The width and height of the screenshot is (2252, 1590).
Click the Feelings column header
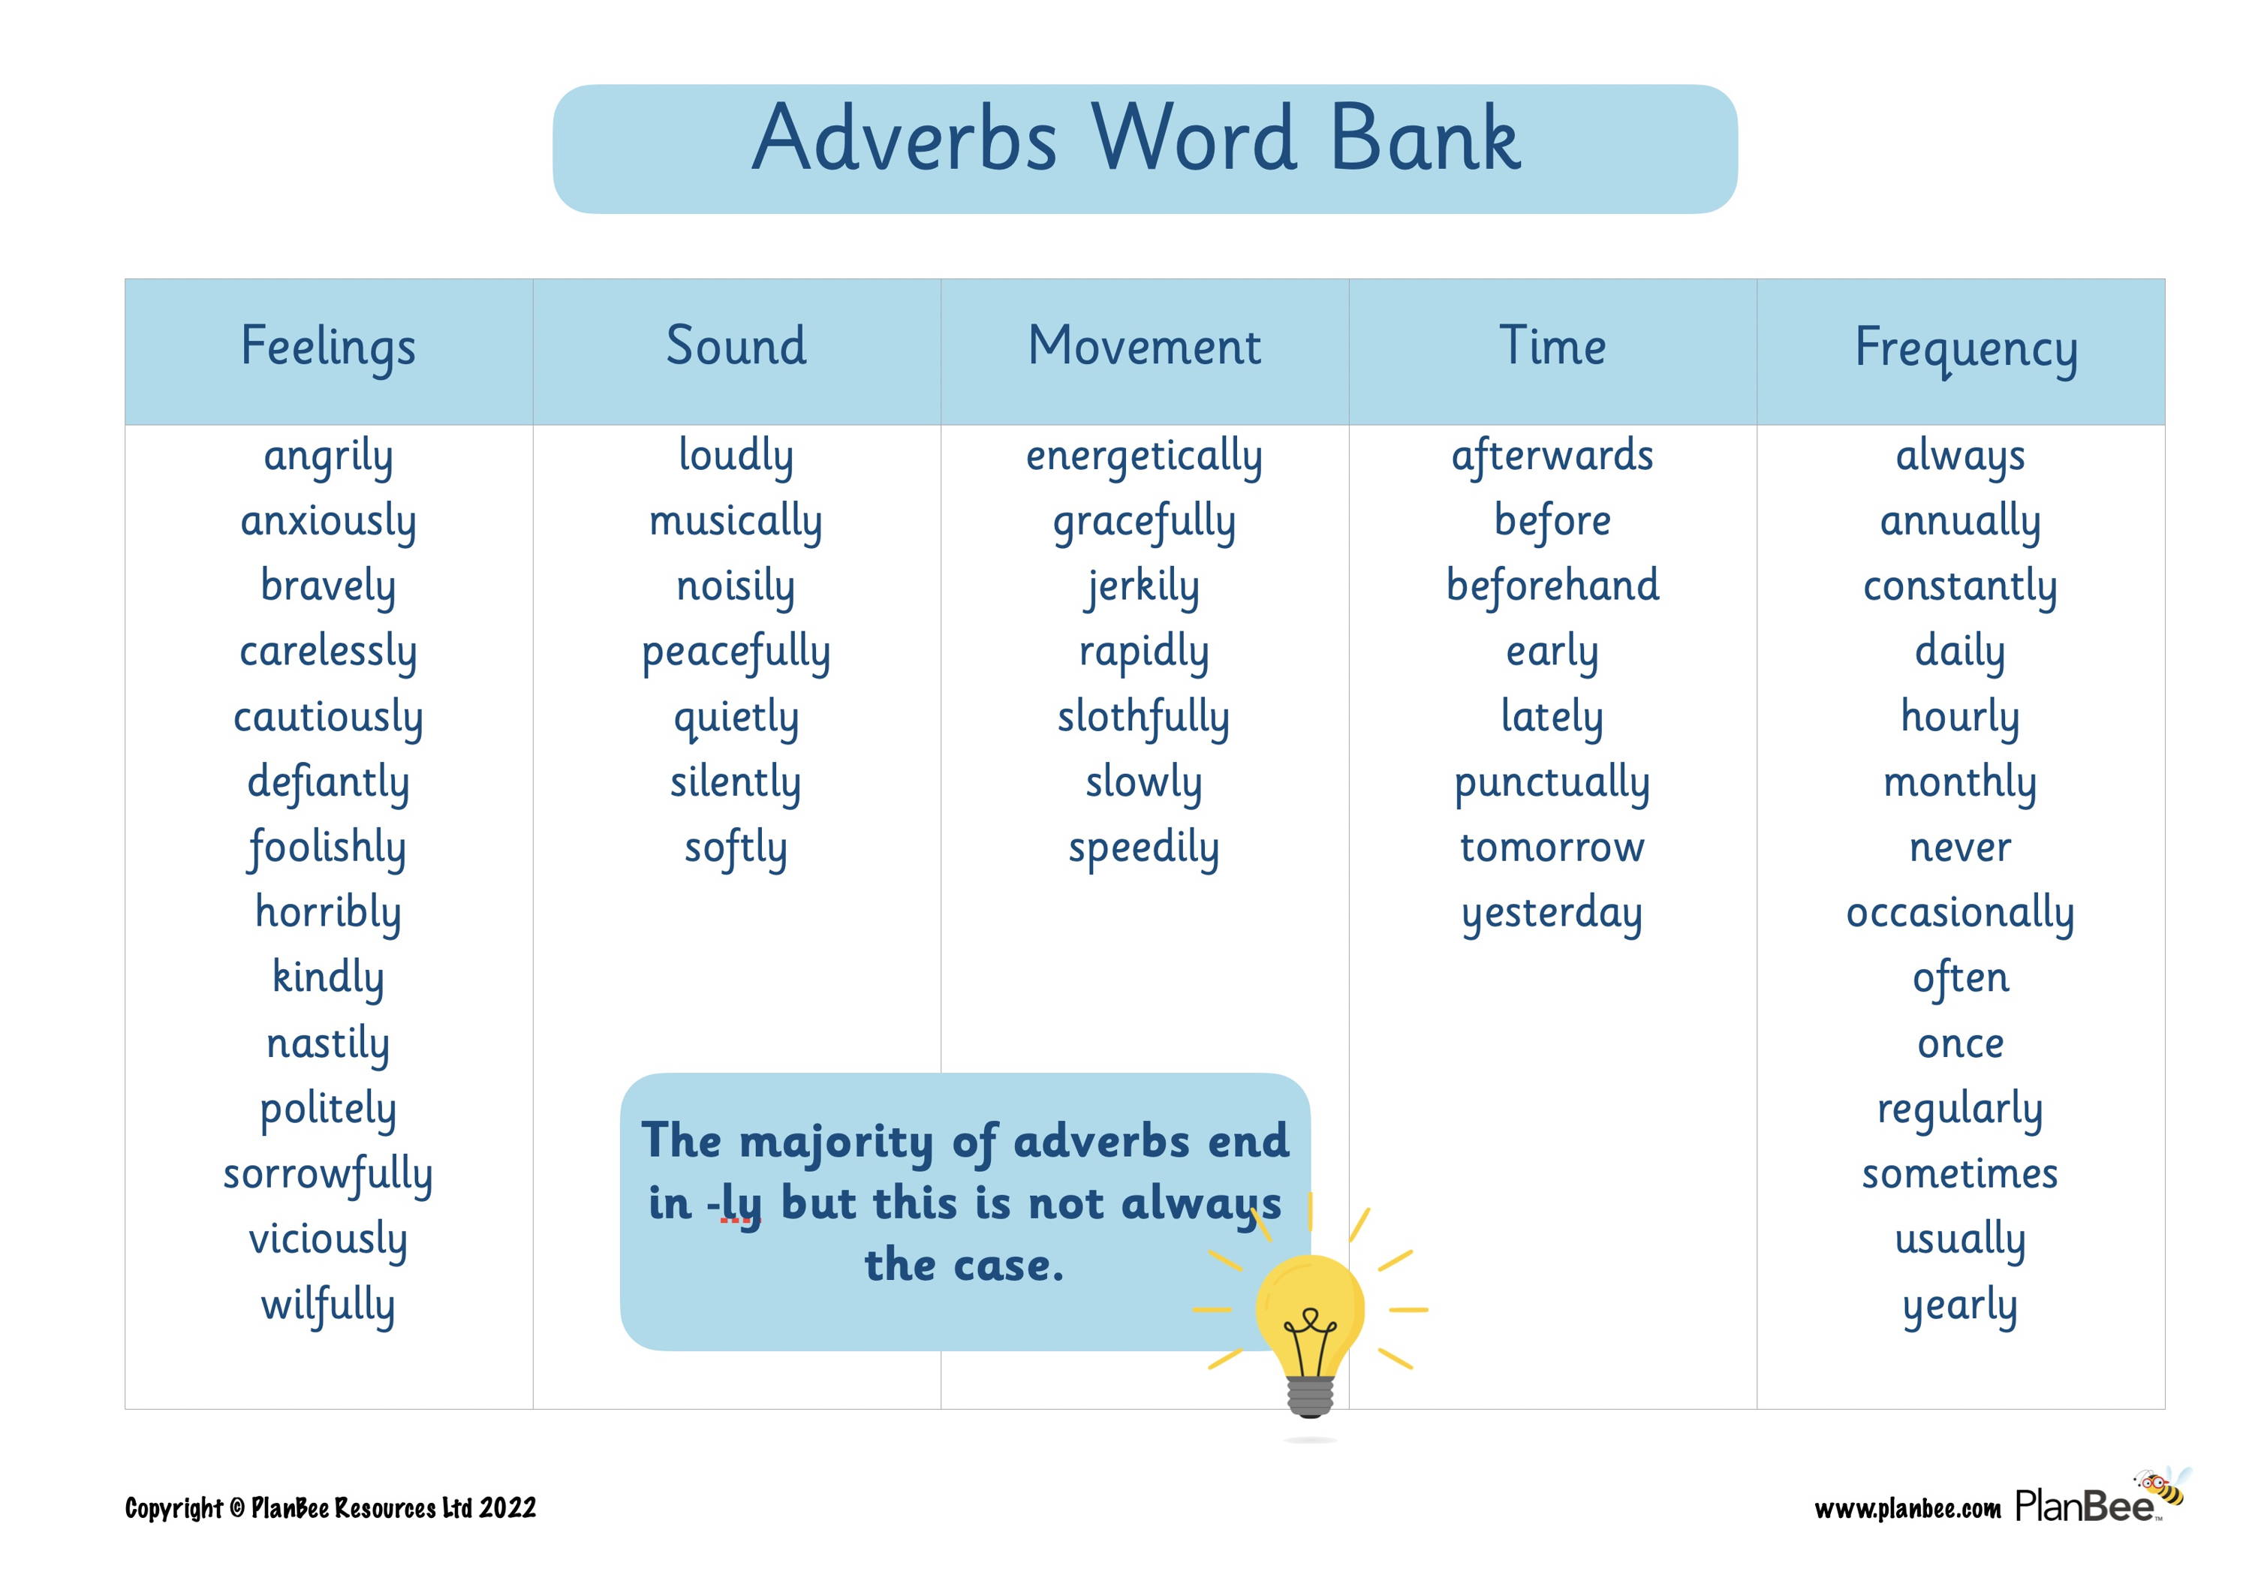[329, 348]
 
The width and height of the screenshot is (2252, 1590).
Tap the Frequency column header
[1965, 349]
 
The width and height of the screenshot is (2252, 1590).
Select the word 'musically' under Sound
[736, 521]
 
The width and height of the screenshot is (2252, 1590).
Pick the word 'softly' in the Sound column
[736, 848]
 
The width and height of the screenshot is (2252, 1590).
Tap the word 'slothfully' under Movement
[1144, 717]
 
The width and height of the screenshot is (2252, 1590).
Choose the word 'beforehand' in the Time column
[1552, 586]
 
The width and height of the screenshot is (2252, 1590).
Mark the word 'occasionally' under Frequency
[1961, 913]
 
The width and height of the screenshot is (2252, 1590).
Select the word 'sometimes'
[1961, 1174]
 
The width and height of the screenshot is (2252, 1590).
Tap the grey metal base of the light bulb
[1311, 1396]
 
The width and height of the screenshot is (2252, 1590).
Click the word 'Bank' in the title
[1426, 140]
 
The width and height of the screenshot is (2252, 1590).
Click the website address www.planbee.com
[1907, 1509]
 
